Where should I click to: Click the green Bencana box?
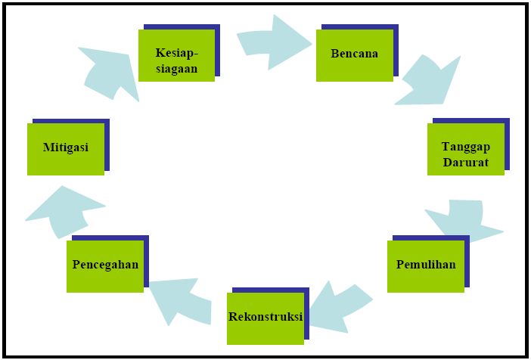[354, 54]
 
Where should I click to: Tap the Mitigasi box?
[65, 148]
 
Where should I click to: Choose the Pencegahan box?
[105, 265]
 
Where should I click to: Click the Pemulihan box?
[425, 265]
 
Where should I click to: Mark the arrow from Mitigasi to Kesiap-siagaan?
[110, 72]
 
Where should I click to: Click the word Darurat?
[465, 162]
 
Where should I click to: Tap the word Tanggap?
[465, 147]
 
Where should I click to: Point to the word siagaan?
[176, 68]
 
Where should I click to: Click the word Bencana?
[354, 54]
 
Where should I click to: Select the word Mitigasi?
[65, 147]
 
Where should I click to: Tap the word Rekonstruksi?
[265, 316]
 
